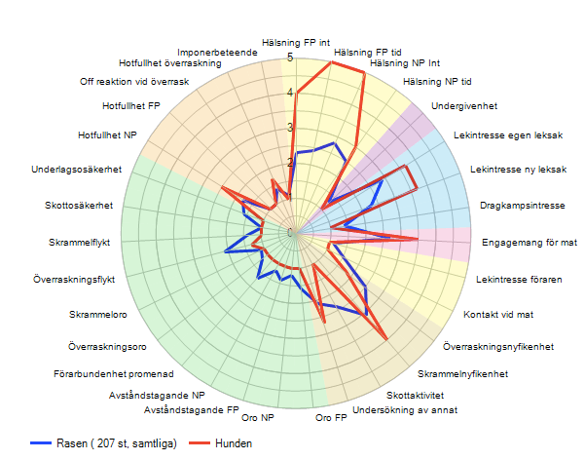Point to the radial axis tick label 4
point(289,94)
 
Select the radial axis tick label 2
point(289,163)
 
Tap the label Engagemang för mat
point(530,242)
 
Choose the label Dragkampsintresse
point(523,206)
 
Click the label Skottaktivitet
point(415,395)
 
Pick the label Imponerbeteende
point(217,52)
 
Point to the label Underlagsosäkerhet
point(76,170)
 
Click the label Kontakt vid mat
point(497,315)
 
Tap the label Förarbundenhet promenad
point(114,373)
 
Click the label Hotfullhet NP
point(107,134)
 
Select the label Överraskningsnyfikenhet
point(498,346)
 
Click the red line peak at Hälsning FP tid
point(332,62)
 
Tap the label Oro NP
point(258,418)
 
